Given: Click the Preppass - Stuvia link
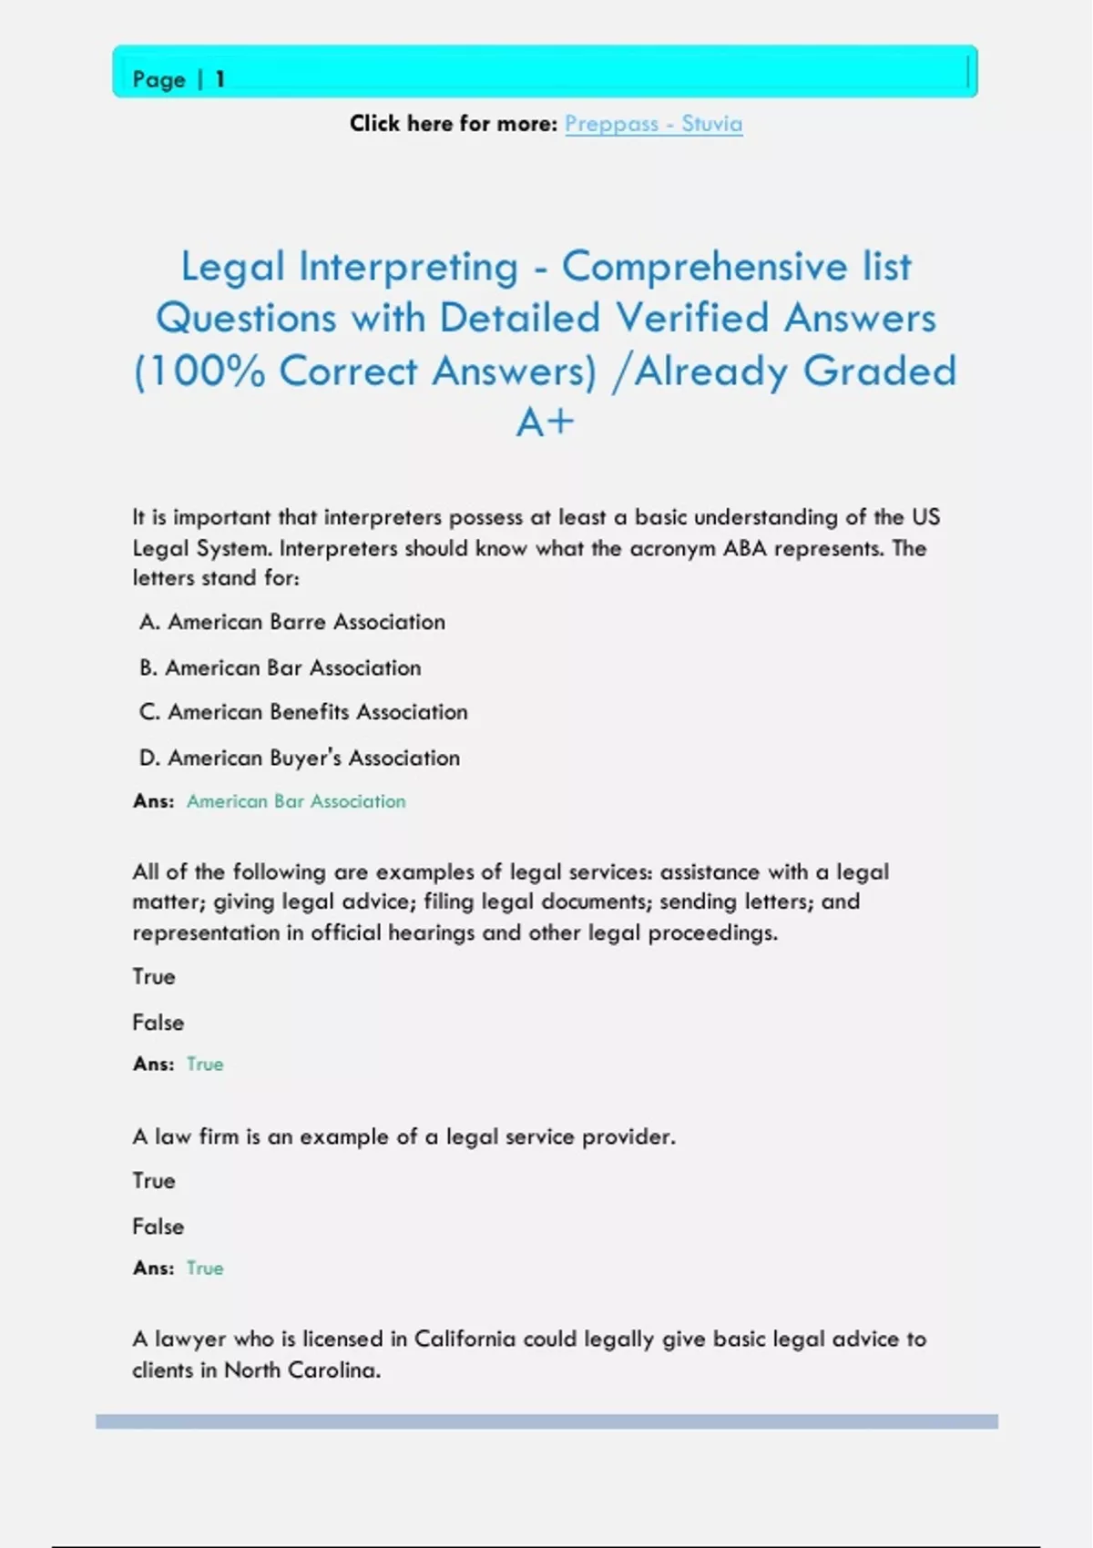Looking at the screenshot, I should point(653,124).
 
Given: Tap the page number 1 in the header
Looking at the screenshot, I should point(220,80).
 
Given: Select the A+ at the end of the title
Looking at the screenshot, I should point(545,423).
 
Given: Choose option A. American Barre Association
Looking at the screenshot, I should point(291,622).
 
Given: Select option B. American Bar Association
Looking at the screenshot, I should point(280,667).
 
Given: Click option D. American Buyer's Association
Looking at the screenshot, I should point(299,758).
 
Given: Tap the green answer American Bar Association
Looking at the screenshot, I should point(296,801).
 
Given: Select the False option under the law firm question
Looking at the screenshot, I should point(158,1227).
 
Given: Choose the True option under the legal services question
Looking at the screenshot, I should point(154,976).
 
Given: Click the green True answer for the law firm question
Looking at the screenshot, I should point(205,1268).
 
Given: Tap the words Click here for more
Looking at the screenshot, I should point(453,124).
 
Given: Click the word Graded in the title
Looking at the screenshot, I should point(879,372).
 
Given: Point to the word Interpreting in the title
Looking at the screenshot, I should point(408,267).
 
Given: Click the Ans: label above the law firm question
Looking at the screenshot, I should point(153,1064).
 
